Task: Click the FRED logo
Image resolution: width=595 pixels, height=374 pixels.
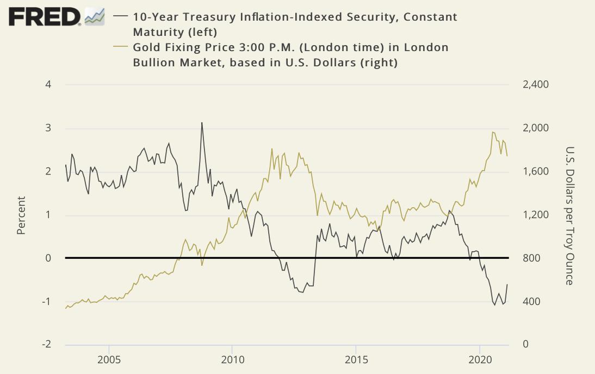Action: click(x=44, y=17)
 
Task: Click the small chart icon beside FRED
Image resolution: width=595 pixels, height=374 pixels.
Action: click(x=95, y=16)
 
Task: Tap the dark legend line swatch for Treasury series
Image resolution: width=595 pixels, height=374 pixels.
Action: click(x=120, y=17)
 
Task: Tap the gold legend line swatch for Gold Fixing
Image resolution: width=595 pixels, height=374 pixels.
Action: click(x=120, y=47)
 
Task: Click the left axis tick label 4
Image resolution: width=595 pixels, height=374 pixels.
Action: click(x=48, y=85)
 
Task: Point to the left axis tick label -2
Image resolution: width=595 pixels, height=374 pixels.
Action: click(x=47, y=345)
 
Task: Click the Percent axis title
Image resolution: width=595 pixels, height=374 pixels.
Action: click(x=21, y=215)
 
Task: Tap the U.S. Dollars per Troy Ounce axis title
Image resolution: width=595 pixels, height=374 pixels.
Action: click(x=569, y=215)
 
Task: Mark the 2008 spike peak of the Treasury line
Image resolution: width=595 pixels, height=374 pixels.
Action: click(x=202, y=123)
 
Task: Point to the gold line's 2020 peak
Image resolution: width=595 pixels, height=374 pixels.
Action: click(x=493, y=132)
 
